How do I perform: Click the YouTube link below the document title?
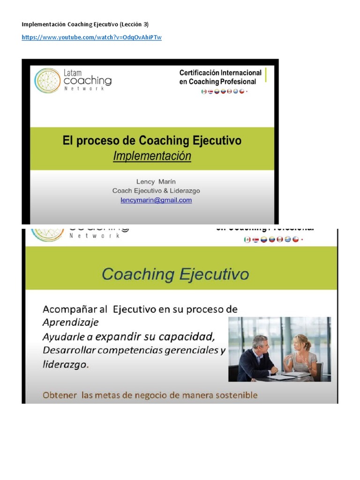tap(91, 37)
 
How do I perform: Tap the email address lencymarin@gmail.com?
tap(156, 200)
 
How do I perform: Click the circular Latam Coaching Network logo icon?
tap(47, 80)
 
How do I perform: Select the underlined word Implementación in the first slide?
tap(152, 156)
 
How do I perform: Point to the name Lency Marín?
tap(156, 181)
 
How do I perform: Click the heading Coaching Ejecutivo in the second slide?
tap(175, 274)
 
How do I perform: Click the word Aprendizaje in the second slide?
tap(71, 322)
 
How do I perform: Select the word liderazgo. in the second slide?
tap(65, 365)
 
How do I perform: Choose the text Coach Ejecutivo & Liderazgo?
tap(156, 191)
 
